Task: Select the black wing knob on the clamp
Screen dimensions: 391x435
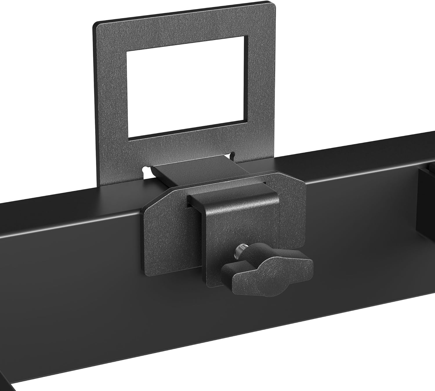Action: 267,265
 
